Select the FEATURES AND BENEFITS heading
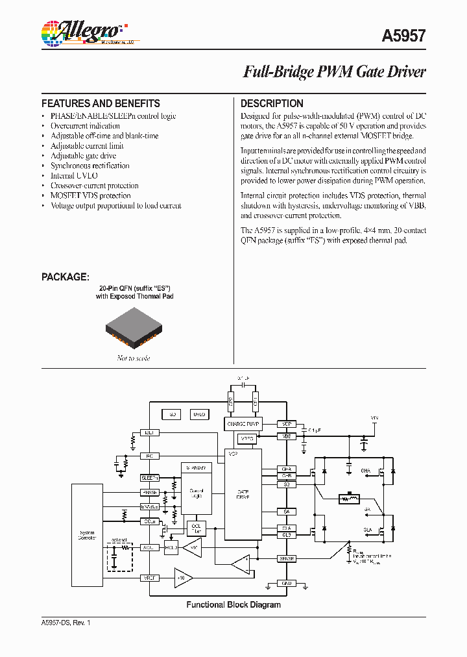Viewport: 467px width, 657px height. click(101, 103)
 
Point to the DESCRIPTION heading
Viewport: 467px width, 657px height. click(272, 103)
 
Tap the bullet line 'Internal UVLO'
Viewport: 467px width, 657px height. click(74, 175)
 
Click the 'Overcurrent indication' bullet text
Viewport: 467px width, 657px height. click(85, 126)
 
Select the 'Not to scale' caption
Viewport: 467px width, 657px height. click(134, 358)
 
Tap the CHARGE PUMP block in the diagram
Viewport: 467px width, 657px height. click(243, 424)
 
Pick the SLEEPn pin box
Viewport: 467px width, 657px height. click(150, 477)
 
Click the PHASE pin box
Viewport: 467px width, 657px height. click(150, 492)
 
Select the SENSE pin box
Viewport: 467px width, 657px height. click(286, 558)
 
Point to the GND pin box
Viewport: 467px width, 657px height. click(286, 583)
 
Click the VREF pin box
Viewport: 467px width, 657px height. click(150, 576)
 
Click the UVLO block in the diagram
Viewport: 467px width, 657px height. click(198, 414)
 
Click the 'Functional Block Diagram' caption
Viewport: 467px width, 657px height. click(233, 604)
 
